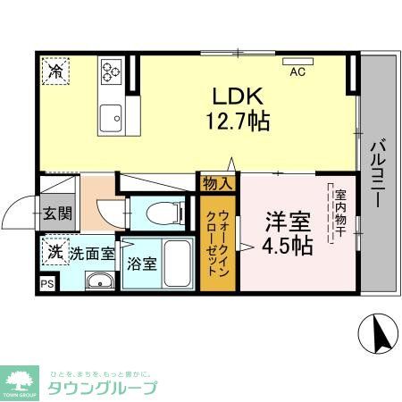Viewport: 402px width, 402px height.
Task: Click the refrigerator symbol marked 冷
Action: click(x=55, y=71)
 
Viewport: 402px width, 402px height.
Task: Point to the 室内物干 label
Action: click(x=341, y=215)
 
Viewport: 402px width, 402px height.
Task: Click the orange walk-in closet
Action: click(x=218, y=242)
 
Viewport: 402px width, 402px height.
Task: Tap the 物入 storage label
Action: click(x=217, y=184)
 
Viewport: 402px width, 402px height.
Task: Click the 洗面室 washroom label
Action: click(x=92, y=253)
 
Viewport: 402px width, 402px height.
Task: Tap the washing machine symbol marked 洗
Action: click(x=55, y=252)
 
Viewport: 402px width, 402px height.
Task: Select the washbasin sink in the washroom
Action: click(x=99, y=282)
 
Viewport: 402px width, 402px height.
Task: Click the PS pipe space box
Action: click(x=47, y=284)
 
